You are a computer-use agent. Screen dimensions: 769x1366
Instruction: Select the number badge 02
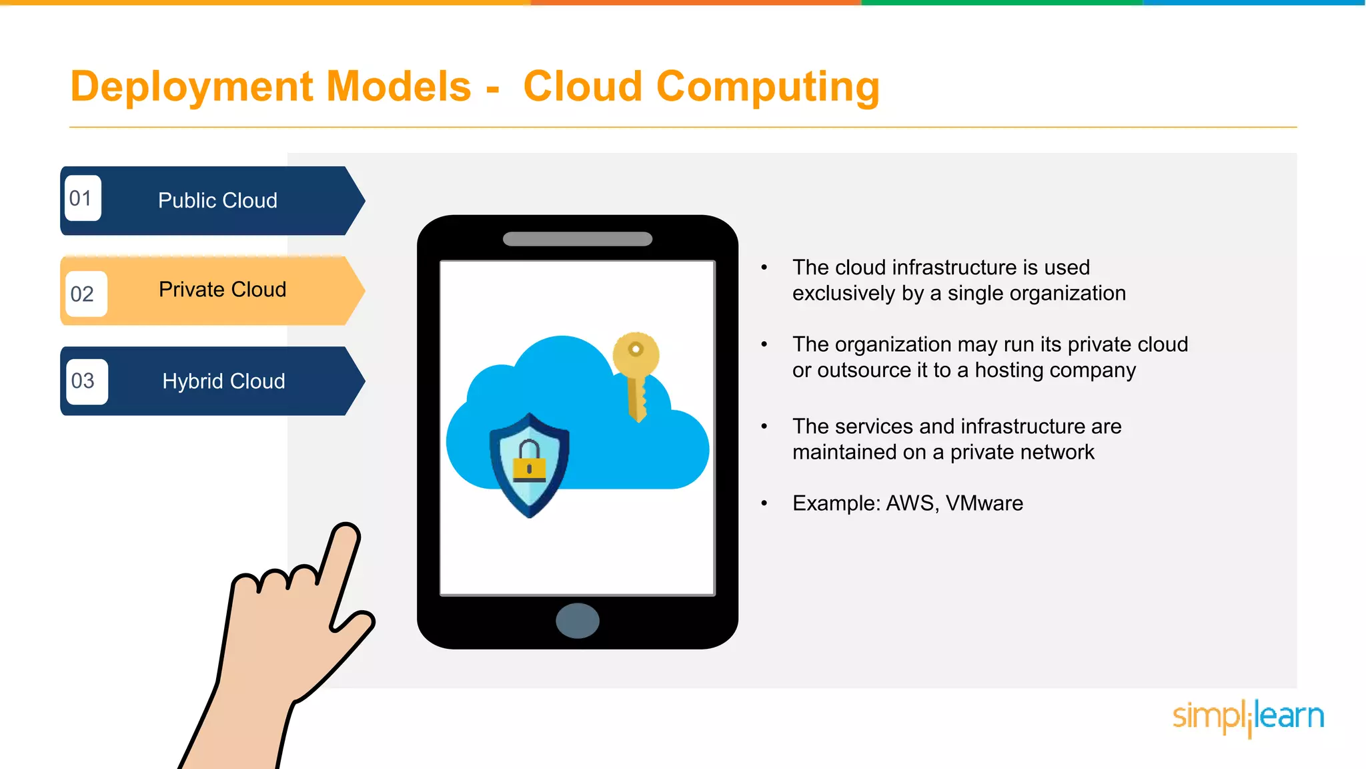[85, 294]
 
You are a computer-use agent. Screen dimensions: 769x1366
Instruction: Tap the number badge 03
[85, 381]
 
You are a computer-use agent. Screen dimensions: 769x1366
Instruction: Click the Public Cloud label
[217, 200]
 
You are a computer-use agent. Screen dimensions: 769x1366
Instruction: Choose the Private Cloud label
[222, 290]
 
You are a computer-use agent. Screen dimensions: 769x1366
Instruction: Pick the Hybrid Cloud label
[223, 381]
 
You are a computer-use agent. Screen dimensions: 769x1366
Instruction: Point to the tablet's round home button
[578, 621]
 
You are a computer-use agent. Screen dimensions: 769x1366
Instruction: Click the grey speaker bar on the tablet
[578, 239]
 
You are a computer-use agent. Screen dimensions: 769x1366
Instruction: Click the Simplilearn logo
[1248, 717]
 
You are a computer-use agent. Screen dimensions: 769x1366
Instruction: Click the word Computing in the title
[768, 88]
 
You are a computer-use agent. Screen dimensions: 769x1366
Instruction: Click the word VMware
[984, 503]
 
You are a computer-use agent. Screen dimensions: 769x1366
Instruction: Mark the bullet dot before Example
[764, 503]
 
